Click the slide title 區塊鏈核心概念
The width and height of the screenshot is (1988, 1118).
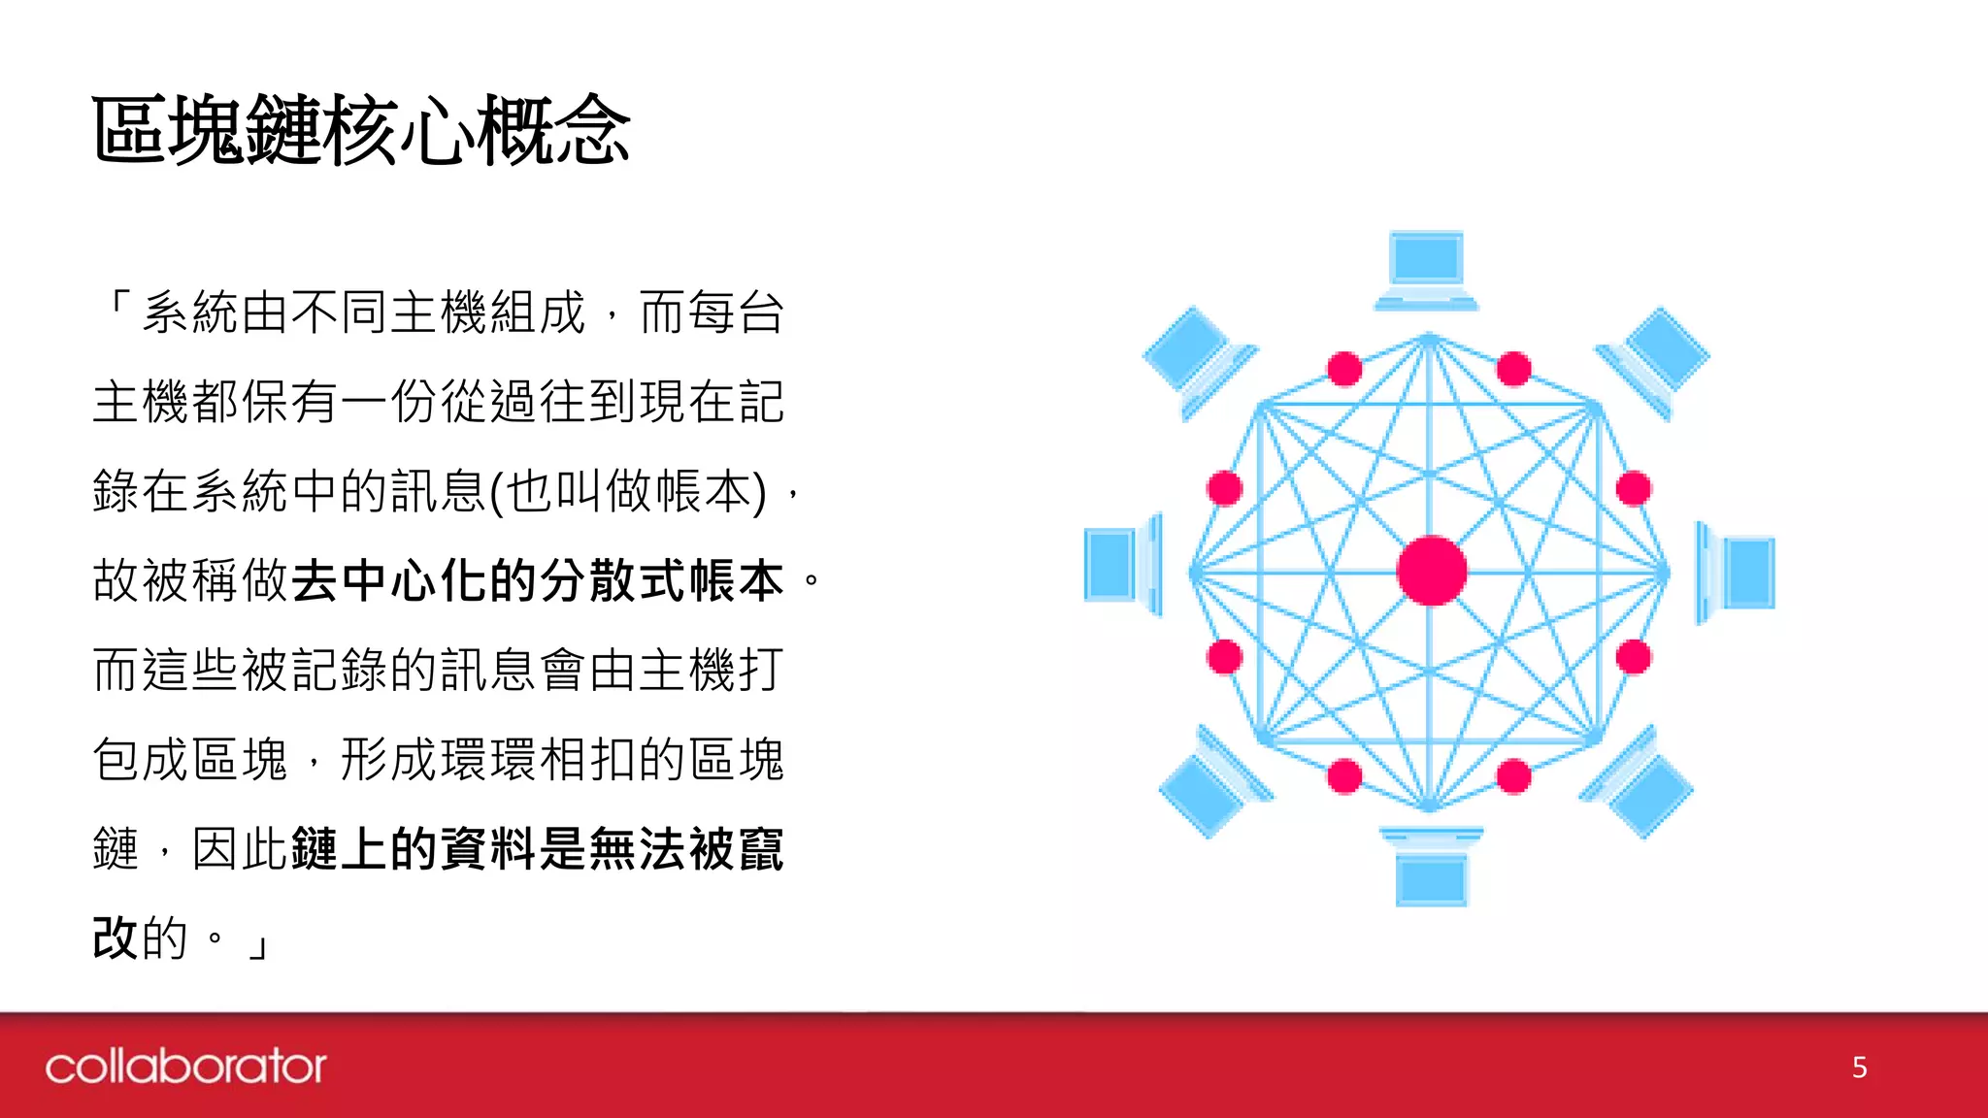click(361, 130)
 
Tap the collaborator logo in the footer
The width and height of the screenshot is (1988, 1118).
click(185, 1067)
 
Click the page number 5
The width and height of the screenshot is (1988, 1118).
click(1859, 1068)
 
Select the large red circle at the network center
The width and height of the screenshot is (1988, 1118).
click(1432, 571)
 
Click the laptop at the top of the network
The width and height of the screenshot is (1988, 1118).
click(1426, 270)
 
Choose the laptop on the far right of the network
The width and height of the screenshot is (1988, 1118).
click(1737, 573)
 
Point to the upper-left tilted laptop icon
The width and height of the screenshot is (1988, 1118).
click(1197, 359)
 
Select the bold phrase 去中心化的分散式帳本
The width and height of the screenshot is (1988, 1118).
click(538, 581)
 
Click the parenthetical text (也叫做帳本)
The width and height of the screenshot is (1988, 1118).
click(627, 492)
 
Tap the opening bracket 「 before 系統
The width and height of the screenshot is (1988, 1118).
click(117, 306)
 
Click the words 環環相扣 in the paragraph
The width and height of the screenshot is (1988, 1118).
click(538, 760)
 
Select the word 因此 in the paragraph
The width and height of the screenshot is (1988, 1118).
click(240, 849)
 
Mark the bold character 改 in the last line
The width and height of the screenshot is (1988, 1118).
click(116, 938)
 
